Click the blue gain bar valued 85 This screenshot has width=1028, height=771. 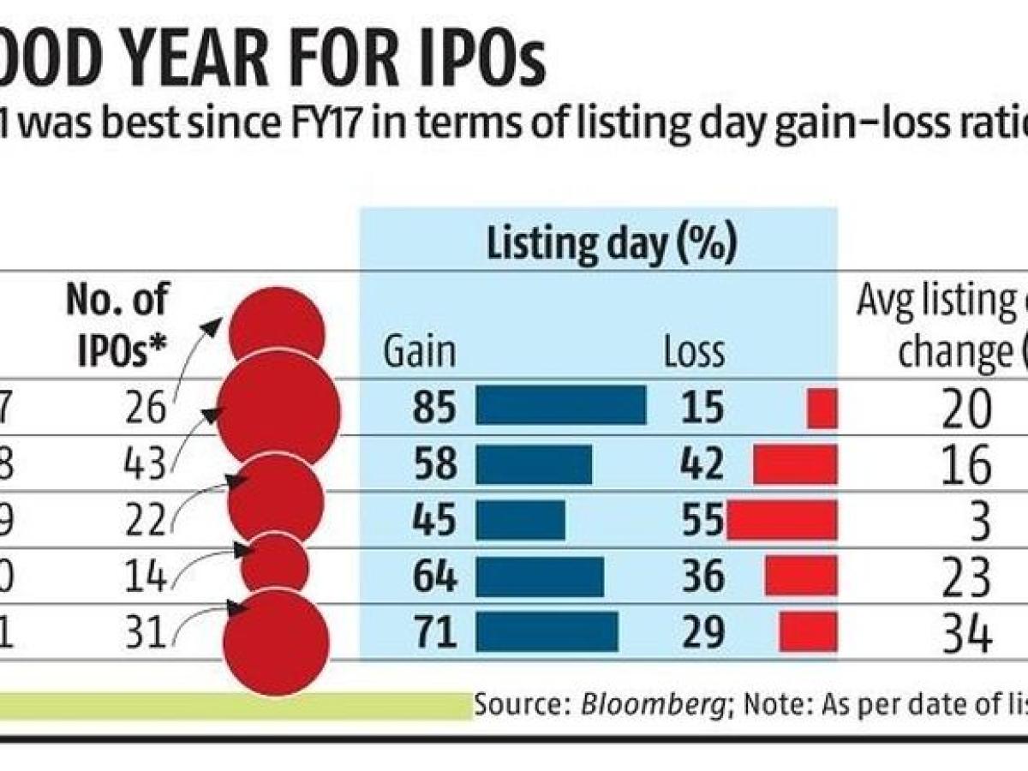click(560, 404)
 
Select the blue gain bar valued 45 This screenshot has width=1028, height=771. click(520, 520)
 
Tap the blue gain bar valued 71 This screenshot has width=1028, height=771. click(547, 632)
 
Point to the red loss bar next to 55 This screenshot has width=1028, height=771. click(781, 521)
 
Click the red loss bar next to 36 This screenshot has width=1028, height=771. click(800, 576)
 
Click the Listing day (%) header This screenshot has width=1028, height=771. click(611, 245)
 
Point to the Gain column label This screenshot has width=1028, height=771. click(418, 352)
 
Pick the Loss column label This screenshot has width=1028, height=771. click(694, 352)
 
